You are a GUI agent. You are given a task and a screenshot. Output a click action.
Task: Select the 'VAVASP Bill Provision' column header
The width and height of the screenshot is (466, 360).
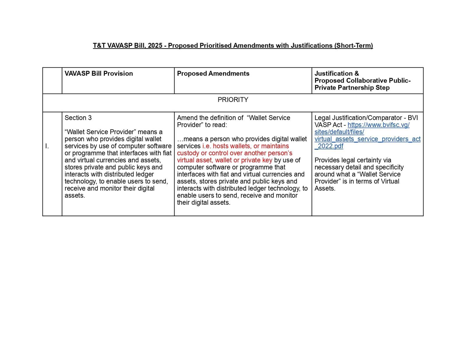click(x=98, y=73)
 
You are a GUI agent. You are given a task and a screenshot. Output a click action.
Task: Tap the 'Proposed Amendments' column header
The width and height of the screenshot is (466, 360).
click(x=213, y=73)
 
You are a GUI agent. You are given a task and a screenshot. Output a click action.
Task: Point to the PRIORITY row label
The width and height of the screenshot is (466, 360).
click(x=233, y=100)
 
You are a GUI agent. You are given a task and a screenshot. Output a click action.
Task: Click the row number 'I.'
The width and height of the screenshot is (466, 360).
click(x=47, y=146)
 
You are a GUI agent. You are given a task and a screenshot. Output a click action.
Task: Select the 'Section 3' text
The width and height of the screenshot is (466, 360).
click(x=78, y=118)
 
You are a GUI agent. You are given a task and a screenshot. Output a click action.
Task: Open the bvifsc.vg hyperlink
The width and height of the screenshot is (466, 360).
click(x=378, y=125)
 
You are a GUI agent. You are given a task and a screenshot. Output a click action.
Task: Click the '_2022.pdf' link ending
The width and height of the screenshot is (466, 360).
click(x=329, y=146)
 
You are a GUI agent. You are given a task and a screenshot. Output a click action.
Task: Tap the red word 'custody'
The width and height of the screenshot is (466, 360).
click(x=188, y=153)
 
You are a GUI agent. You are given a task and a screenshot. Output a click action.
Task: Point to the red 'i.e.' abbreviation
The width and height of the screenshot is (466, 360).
click(x=206, y=146)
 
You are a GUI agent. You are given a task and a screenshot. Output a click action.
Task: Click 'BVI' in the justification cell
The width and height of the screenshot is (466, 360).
click(x=413, y=118)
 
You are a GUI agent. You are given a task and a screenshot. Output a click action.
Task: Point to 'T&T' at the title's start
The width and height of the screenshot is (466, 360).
click(x=99, y=46)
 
